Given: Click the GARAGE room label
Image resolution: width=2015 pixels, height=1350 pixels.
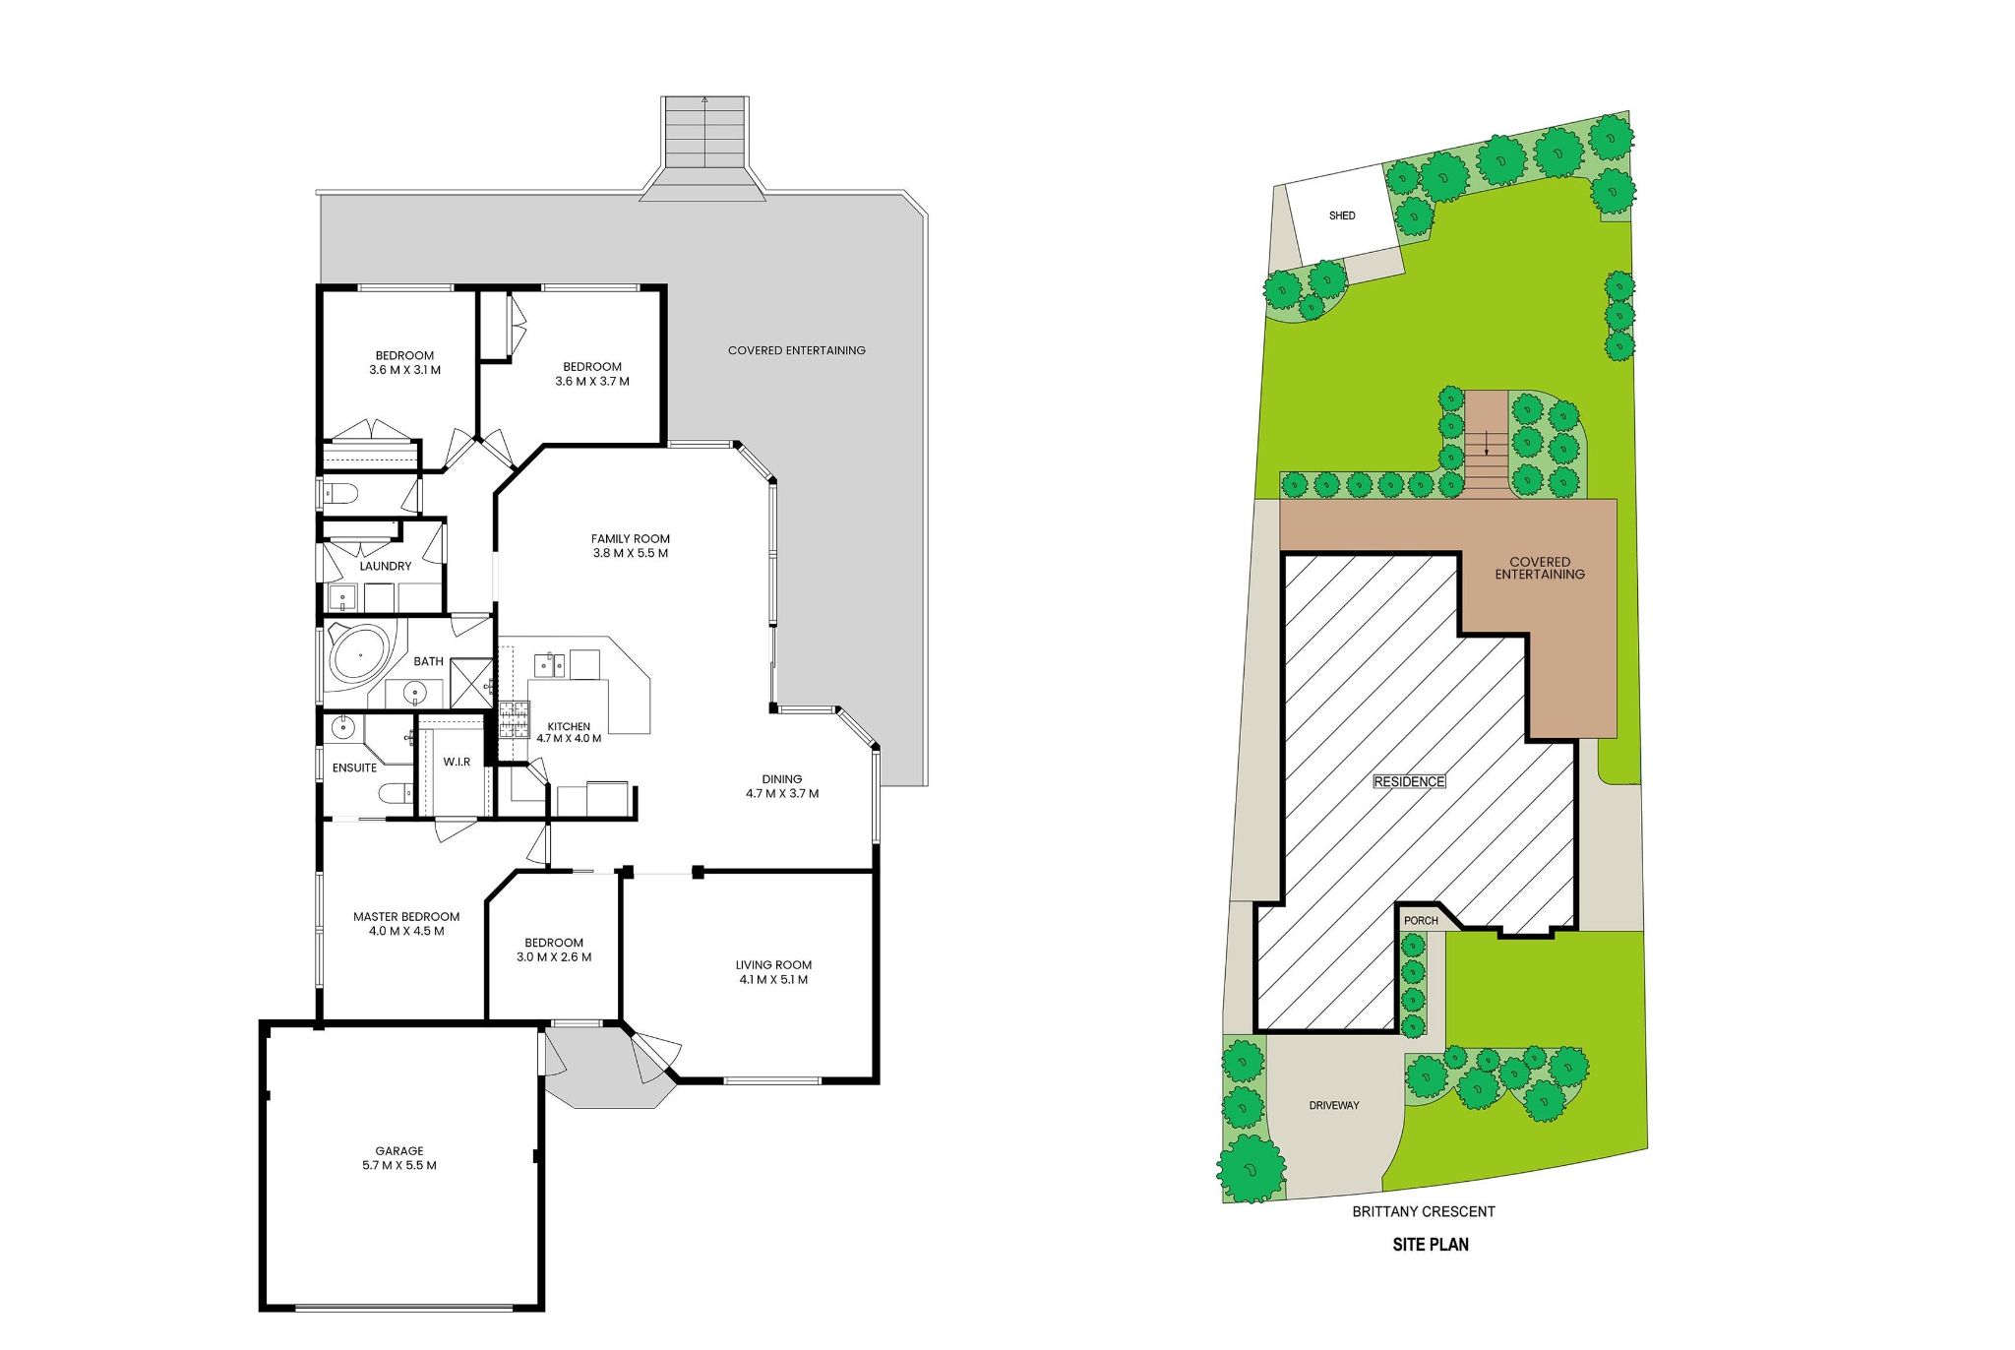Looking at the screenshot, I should click(x=399, y=1150).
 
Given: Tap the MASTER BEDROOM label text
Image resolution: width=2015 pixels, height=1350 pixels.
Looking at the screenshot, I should click(x=406, y=916).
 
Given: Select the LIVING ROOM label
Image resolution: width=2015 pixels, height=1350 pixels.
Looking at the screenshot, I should click(x=773, y=964).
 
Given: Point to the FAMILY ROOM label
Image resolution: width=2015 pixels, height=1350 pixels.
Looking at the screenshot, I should click(x=630, y=538).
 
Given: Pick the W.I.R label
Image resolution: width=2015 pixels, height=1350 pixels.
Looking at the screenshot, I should click(x=457, y=762).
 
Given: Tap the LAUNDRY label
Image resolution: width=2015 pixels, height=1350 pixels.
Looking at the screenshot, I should click(x=385, y=566).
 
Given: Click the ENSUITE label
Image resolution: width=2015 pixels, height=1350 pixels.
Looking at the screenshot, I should click(x=354, y=767).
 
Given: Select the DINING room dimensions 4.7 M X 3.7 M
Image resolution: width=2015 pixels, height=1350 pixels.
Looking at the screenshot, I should click(x=782, y=793).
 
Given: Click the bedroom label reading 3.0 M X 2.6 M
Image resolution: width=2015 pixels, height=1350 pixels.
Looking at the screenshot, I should click(x=554, y=956).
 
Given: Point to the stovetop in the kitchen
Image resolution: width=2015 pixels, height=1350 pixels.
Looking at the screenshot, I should click(x=514, y=719).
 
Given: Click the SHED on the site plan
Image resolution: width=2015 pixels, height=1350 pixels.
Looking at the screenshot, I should click(x=1342, y=215).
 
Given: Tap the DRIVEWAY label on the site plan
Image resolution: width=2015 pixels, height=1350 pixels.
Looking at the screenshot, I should click(x=1334, y=1105).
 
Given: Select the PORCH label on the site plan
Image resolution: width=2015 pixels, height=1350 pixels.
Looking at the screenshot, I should click(x=1421, y=921).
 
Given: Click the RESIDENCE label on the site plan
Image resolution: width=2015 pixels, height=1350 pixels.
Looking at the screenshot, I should click(x=1409, y=781).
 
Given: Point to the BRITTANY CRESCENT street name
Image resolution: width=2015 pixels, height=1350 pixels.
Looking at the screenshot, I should click(x=1423, y=1211).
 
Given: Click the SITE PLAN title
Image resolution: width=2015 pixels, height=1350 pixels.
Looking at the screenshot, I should click(x=1430, y=1245).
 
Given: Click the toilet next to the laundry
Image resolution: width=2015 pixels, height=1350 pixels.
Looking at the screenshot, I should click(x=340, y=494).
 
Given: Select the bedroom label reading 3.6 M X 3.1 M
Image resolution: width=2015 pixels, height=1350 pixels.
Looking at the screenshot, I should click(x=404, y=370).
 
